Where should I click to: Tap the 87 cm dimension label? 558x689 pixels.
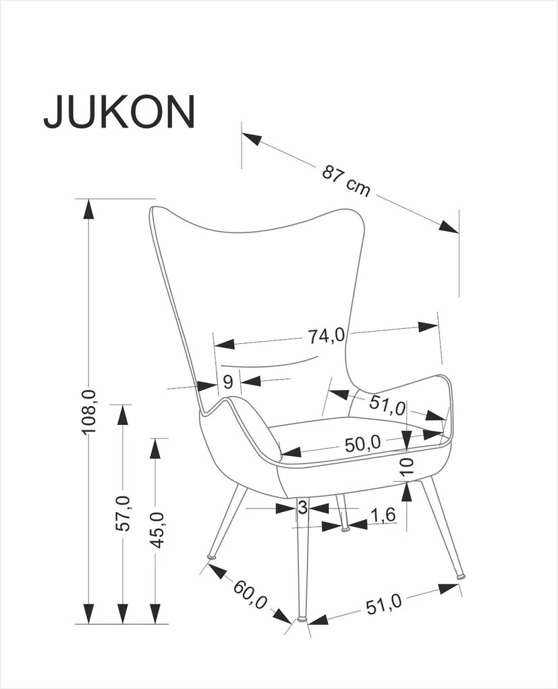click(346, 180)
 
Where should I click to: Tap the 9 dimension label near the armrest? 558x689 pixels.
click(228, 382)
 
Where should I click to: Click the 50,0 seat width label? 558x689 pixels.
click(362, 443)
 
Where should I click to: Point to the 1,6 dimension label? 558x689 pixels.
click(383, 516)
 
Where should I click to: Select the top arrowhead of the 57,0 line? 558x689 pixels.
click(121, 414)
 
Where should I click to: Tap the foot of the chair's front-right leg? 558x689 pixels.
click(462, 576)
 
